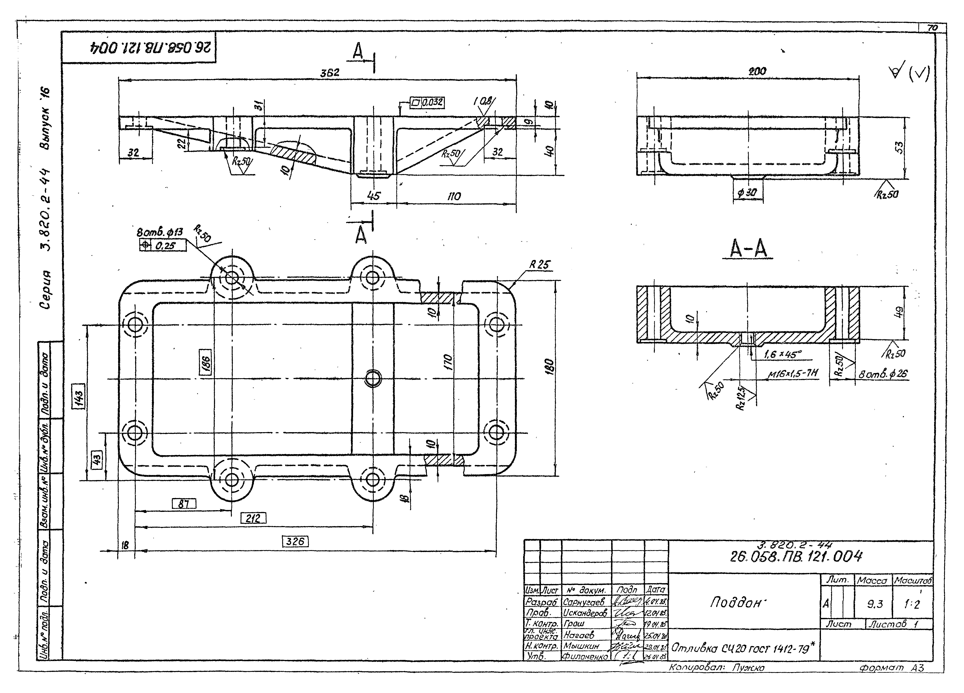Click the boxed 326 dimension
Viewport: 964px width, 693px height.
click(x=295, y=542)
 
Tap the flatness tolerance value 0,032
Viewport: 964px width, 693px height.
click(x=432, y=102)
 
